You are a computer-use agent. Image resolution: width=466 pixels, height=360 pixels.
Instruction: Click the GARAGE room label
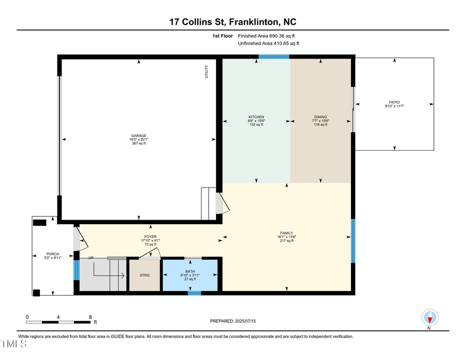click(x=138, y=135)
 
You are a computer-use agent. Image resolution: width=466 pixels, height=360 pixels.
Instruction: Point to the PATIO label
click(x=395, y=102)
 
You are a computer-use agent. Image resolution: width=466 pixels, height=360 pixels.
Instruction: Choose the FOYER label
click(x=151, y=237)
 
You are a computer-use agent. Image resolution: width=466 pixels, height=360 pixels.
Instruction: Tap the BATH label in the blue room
click(x=190, y=271)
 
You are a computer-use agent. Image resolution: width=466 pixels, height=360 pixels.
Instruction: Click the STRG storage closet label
click(x=144, y=276)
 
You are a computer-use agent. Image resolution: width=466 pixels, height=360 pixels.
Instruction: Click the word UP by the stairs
click(x=91, y=257)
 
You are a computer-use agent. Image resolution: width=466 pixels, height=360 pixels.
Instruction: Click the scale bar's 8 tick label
click(x=91, y=317)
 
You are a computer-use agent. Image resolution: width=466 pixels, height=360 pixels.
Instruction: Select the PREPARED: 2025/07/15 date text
click(x=232, y=321)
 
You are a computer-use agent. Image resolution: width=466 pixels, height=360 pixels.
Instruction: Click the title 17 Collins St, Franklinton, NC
click(x=232, y=22)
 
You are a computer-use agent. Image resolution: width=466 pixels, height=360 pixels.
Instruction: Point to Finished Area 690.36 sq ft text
click(x=269, y=36)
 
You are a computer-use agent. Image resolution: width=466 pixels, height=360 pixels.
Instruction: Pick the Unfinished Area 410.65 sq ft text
click(x=268, y=44)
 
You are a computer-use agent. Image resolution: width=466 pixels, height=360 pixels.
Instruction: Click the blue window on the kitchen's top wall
click(x=274, y=56)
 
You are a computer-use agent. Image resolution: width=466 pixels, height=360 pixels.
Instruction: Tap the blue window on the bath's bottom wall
click(x=194, y=293)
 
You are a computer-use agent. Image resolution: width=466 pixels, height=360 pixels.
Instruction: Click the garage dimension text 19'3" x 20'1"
click(x=138, y=139)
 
